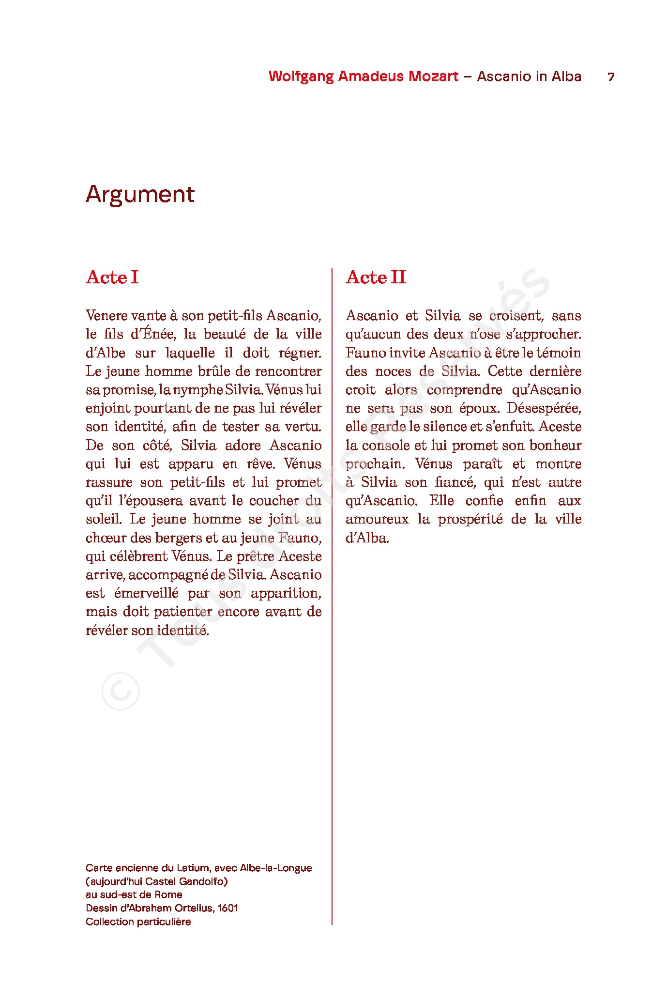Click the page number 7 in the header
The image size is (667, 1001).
[x=611, y=77]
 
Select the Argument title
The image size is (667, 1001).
[x=140, y=194]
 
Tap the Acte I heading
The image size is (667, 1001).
[x=112, y=277]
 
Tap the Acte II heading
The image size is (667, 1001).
[x=376, y=277]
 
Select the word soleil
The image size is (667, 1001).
[x=103, y=519]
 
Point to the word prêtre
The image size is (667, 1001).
[x=256, y=556]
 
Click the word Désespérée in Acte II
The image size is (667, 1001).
[x=544, y=408]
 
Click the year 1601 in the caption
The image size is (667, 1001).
[x=227, y=908]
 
